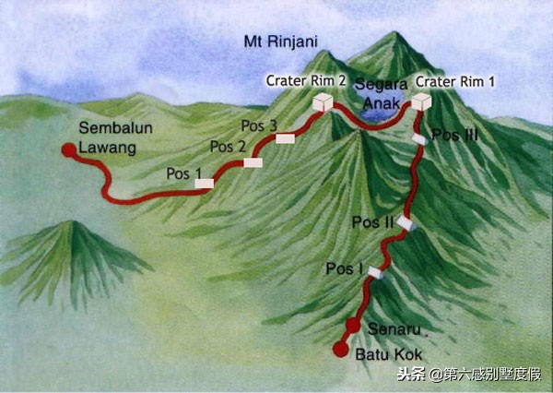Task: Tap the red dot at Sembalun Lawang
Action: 67,149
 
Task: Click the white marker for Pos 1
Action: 205,184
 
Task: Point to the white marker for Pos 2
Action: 253,162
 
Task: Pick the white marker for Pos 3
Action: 285,138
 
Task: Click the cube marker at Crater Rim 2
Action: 323,102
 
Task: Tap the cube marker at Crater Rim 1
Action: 421,101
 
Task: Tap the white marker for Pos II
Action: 405,223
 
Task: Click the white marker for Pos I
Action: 374,272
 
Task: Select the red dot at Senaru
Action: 353,326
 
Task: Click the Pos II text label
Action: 372,222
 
